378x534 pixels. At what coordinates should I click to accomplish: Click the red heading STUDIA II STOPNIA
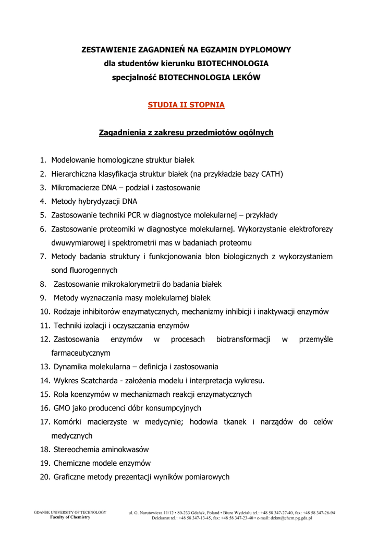[x=186, y=105]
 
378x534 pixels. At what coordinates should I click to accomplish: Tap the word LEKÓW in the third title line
[x=245, y=77]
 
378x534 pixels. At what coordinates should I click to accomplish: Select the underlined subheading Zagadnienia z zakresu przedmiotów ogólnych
[x=186, y=133]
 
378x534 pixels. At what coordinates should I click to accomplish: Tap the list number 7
[x=43, y=257]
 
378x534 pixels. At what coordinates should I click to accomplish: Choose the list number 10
[x=45, y=312]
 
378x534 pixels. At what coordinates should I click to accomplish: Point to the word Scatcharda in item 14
[x=97, y=381]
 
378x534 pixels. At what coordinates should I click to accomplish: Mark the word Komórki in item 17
[x=67, y=422]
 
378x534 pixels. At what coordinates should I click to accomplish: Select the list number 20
[x=45, y=477]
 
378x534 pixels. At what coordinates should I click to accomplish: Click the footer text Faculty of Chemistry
[x=70, y=517]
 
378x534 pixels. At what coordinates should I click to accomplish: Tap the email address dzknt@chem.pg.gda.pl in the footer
[x=288, y=518]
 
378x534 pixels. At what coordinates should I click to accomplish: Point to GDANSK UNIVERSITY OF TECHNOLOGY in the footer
[x=70, y=512]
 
